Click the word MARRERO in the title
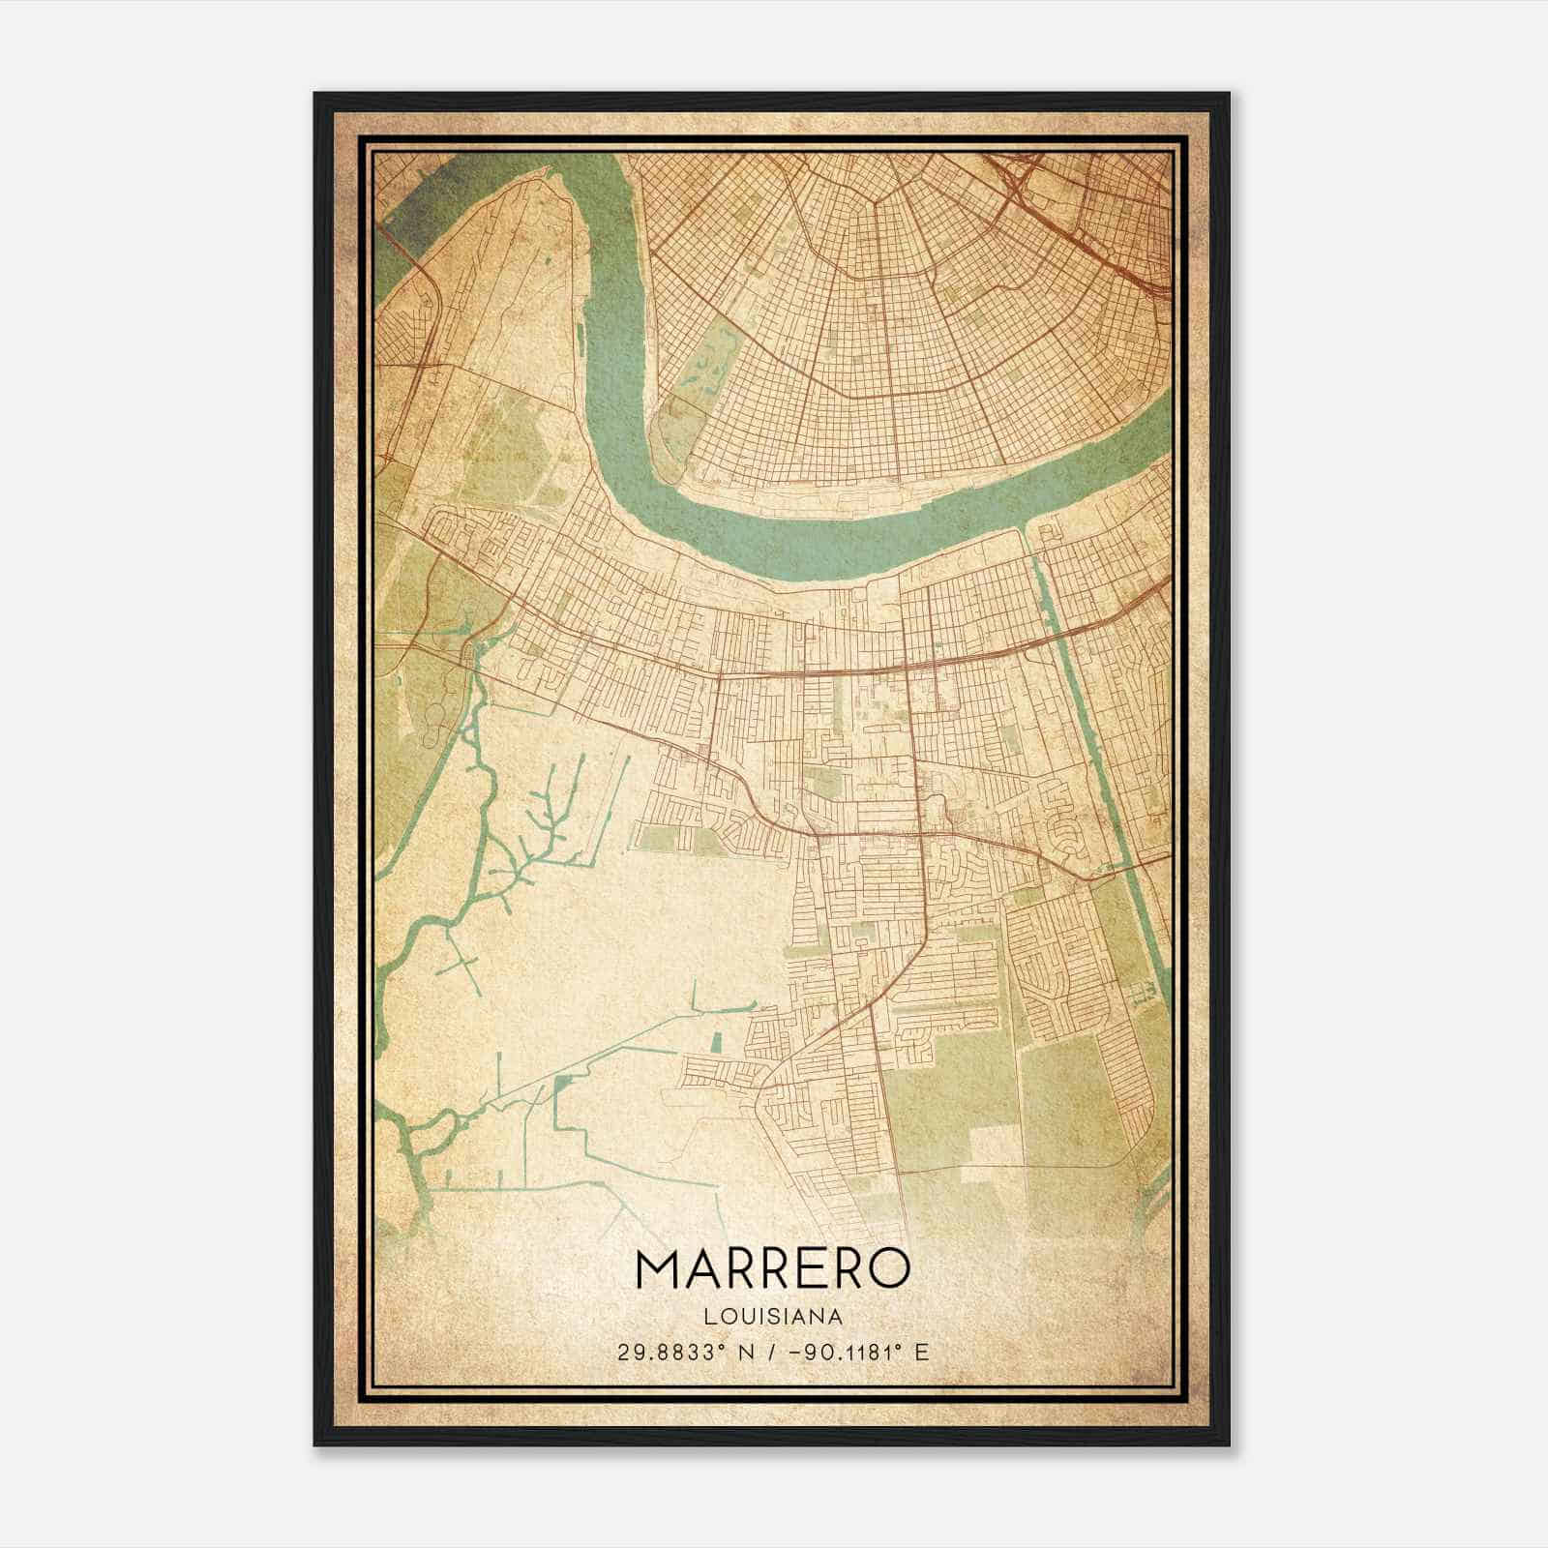click(x=773, y=1268)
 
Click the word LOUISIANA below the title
click(x=773, y=1317)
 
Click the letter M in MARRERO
click(x=659, y=1268)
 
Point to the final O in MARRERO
click(x=889, y=1268)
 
